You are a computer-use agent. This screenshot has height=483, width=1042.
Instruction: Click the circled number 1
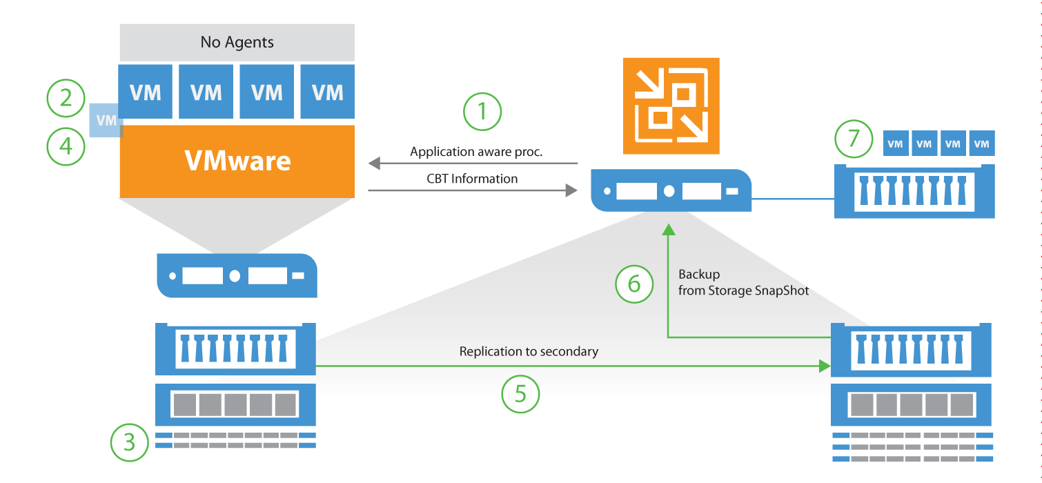pos(482,112)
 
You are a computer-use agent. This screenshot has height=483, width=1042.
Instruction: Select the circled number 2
pos(66,97)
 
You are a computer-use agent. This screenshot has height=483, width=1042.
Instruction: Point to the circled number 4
pos(66,146)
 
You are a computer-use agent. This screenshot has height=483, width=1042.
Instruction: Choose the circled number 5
pos(520,394)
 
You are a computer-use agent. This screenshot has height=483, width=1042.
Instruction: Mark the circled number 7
pos(854,139)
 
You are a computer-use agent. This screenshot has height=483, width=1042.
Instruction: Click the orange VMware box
pos(237,161)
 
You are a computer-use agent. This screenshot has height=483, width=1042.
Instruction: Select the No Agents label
pos(237,42)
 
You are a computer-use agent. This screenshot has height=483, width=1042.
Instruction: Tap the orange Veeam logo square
pos(671,106)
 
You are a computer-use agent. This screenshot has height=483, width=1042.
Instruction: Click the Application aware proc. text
pos(476,152)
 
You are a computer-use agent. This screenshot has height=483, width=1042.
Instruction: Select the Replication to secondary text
pos(529,352)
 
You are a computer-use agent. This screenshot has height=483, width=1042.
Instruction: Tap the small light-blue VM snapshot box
pos(106,120)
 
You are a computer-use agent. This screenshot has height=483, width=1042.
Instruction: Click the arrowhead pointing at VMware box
pos(374,164)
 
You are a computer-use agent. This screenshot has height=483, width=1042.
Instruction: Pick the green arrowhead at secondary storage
pos(825,366)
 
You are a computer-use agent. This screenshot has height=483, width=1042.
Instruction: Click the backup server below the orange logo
pos(671,190)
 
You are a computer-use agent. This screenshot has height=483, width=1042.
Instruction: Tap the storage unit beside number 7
pos(914,190)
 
